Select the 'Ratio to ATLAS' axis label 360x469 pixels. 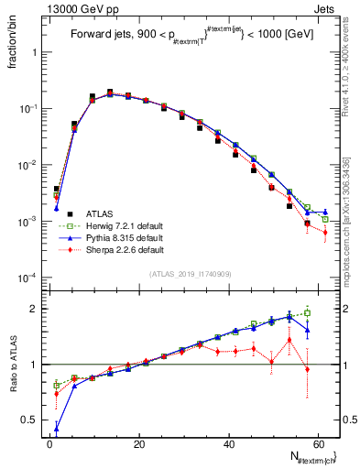[x=13, y=366]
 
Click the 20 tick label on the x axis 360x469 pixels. [x=139, y=443]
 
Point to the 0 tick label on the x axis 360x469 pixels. [x=49, y=443]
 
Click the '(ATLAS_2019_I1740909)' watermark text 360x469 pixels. [x=190, y=273]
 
